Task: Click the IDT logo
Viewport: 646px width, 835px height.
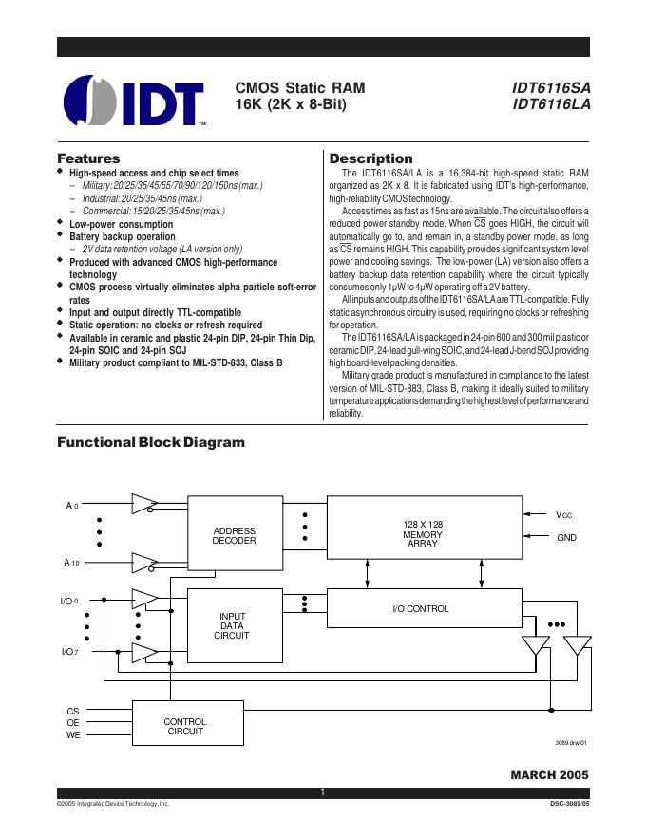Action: point(134,100)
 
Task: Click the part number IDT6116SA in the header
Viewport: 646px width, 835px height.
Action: point(551,88)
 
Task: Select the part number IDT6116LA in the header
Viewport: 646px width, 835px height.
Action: point(551,105)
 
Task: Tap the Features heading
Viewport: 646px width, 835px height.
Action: point(88,158)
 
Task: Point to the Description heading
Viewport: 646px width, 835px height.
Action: point(370,158)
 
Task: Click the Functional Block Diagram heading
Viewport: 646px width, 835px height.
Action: point(151,442)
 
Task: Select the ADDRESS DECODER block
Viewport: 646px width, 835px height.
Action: point(234,535)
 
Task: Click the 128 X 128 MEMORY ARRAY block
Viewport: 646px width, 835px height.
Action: point(423,534)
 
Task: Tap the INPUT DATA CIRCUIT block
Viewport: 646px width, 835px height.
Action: point(234,625)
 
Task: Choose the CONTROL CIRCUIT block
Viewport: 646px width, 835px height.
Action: point(185,727)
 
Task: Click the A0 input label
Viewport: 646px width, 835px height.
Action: point(71,506)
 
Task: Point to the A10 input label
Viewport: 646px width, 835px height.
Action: point(71,563)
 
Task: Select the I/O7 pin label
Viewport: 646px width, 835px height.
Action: point(69,652)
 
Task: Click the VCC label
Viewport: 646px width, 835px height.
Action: point(564,514)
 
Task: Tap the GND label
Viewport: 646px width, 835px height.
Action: point(567,537)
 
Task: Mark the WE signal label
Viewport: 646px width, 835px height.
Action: point(73,735)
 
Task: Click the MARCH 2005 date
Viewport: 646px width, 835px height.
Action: point(549,774)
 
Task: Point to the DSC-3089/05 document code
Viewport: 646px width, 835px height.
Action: point(569,803)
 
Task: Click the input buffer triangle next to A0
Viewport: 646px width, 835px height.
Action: point(143,503)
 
